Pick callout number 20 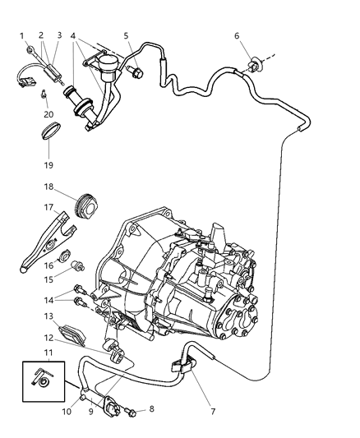click(48, 114)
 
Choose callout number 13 click(49, 316)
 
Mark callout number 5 click(127, 35)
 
